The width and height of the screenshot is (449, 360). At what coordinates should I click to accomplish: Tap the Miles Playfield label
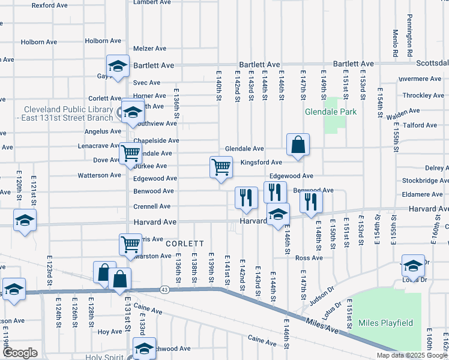(x=385, y=323)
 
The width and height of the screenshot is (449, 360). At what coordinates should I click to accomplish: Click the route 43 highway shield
(x=165, y=290)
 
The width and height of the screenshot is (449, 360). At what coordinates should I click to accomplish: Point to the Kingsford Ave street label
(x=261, y=163)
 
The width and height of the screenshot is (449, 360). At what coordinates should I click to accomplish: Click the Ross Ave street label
(x=310, y=258)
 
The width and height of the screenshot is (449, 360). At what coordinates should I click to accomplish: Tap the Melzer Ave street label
(x=149, y=49)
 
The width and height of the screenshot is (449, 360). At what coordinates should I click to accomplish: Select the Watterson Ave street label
(x=100, y=176)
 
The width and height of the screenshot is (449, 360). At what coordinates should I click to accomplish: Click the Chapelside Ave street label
(x=156, y=140)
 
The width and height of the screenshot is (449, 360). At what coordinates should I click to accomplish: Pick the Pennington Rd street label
(x=409, y=35)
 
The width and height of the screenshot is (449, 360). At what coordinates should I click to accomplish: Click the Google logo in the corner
(x=20, y=353)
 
